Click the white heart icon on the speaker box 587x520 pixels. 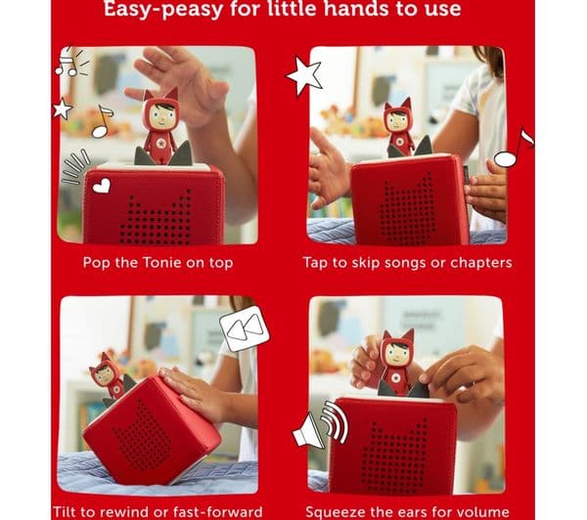(x=102, y=186)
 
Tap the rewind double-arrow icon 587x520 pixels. (x=245, y=328)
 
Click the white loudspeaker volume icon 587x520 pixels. (x=321, y=425)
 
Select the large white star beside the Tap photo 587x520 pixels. (x=305, y=76)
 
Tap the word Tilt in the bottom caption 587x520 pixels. (x=63, y=511)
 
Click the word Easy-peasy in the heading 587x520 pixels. (x=163, y=9)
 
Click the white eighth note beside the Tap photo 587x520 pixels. (x=514, y=148)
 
